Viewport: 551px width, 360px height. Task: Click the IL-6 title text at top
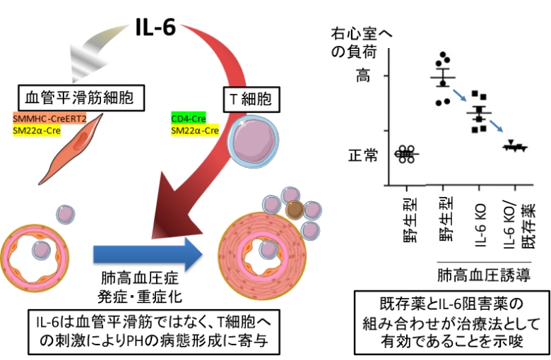click(x=155, y=29)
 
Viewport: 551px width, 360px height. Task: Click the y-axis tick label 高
click(x=361, y=77)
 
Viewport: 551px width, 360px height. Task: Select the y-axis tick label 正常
click(x=365, y=155)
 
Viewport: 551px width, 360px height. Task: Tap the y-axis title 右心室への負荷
click(x=361, y=42)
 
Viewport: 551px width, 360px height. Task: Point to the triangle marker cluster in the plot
click(x=515, y=147)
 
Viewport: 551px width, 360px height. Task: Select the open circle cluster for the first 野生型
click(x=407, y=154)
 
